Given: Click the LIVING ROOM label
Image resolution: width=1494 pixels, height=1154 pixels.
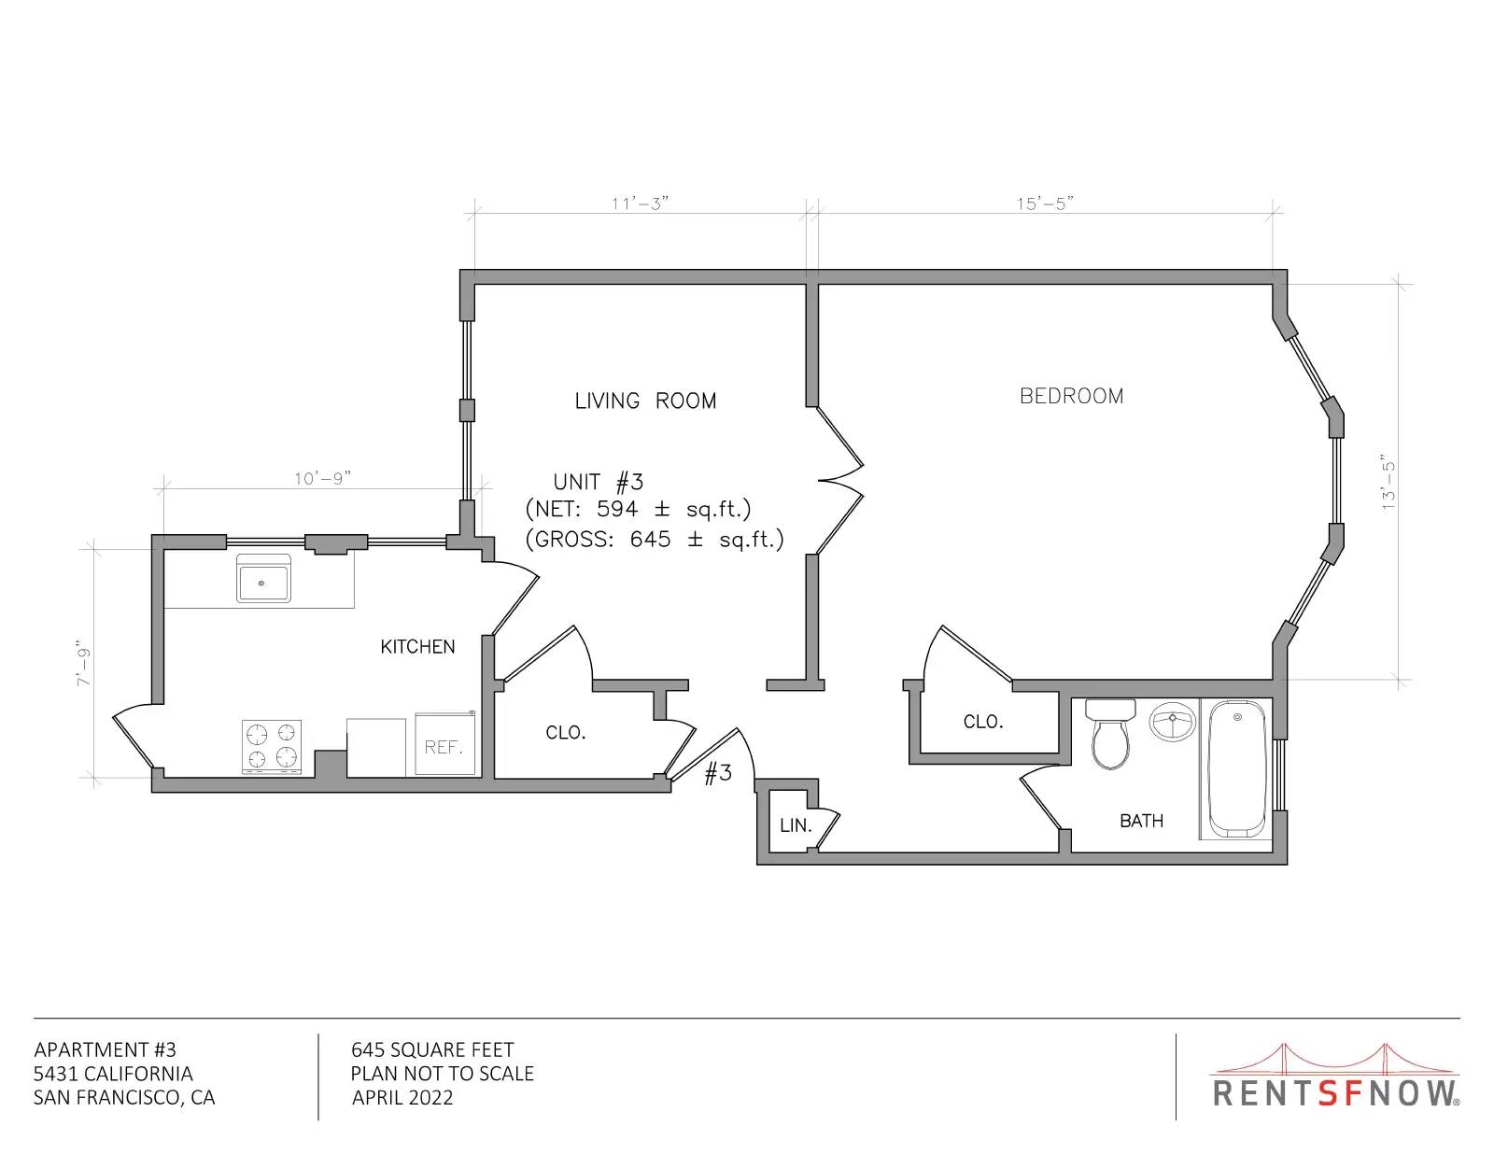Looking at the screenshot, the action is pyautogui.click(x=645, y=401).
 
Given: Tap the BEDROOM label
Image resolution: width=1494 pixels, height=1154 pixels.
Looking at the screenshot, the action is pyautogui.click(x=1071, y=396).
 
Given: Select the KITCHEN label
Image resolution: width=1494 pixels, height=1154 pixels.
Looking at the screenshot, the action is pyautogui.click(x=417, y=647).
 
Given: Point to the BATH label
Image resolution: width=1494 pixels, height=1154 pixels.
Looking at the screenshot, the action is pyautogui.click(x=1141, y=821).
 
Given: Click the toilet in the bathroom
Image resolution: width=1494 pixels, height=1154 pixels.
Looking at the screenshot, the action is pyautogui.click(x=1109, y=734).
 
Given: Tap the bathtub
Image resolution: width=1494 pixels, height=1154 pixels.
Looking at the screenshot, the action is pyautogui.click(x=1237, y=768).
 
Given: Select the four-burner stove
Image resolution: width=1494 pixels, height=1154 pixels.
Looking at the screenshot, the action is pyautogui.click(x=272, y=746).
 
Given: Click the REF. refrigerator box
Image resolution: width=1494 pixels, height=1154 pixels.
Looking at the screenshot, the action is pyautogui.click(x=444, y=744).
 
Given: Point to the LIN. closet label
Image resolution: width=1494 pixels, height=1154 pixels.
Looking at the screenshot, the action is pyautogui.click(x=796, y=825).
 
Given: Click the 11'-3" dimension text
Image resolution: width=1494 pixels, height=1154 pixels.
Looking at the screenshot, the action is pyautogui.click(x=641, y=204).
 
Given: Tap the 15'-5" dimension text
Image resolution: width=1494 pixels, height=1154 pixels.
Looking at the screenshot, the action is pyautogui.click(x=1045, y=204).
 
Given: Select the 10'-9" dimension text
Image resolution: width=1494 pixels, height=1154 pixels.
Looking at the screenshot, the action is pyautogui.click(x=322, y=478).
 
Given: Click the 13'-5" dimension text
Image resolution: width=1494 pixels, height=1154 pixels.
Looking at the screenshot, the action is pyautogui.click(x=1388, y=481).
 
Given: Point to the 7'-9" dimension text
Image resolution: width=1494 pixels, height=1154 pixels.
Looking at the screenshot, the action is pyautogui.click(x=83, y=663).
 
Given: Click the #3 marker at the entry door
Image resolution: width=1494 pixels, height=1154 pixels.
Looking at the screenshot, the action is pyautogui.click(x=718, y=773).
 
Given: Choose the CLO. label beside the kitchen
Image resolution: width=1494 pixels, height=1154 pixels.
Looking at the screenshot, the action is pyautogui.click(x=565, y=733).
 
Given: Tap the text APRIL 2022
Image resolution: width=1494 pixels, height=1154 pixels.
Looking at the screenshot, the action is pyautogui.click(x=402, y=1098).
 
